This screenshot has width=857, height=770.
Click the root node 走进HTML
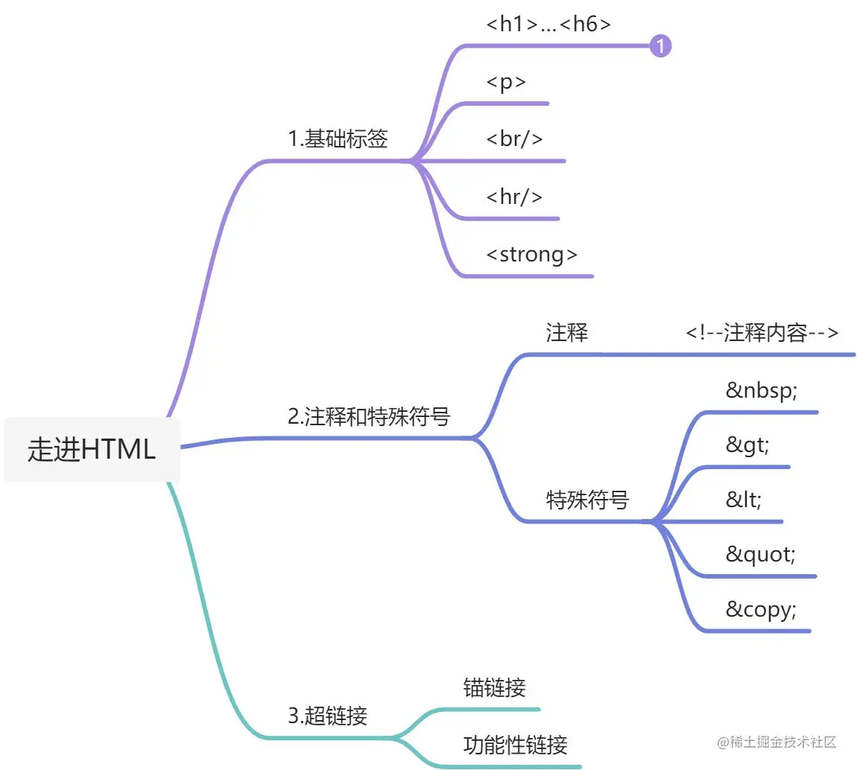pos(92,450)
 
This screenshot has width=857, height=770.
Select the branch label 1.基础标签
pos(338,139)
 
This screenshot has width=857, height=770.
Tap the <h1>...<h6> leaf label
pos(548,24)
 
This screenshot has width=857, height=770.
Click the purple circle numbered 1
pos(660,47)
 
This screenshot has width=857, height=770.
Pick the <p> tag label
pos(506,82)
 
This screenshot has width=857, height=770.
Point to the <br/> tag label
pos(514,139)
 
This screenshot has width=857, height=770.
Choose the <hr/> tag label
pos(514,197)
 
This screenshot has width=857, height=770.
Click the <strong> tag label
pos(531,254)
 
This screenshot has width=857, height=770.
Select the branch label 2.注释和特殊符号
pos(369,416)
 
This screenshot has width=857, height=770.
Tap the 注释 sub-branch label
pos(567,333)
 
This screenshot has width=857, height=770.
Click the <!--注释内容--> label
pos(762,333)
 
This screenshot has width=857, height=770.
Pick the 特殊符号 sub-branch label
pos(587,500)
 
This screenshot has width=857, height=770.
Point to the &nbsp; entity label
pos(761,390)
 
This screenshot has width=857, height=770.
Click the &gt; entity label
pos(747,445)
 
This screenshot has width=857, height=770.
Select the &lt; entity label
pos(744,500)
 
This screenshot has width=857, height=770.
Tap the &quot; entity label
pos(760,555)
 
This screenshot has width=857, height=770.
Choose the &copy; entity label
pos(761,610)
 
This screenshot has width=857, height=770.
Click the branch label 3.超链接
pos(327,716)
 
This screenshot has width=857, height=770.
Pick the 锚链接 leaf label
pos(495,687)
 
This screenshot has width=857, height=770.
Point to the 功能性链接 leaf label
pos(516,744)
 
